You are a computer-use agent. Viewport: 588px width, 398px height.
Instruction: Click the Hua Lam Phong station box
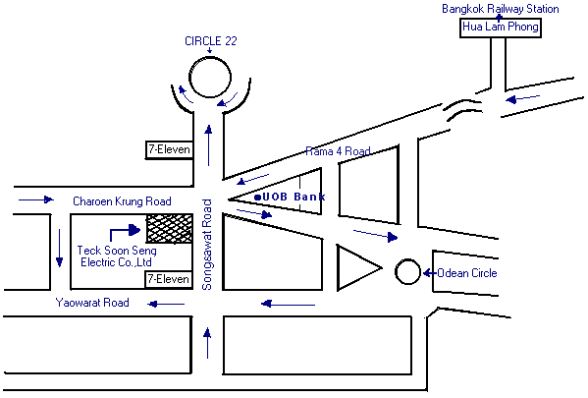(x=501, y=28)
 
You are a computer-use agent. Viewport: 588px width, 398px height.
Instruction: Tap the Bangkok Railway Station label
(x=501, y=9)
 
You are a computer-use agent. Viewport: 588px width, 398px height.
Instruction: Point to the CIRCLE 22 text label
(x=211, y=41)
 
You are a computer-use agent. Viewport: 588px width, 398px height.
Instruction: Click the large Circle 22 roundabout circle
(x=210, y=57)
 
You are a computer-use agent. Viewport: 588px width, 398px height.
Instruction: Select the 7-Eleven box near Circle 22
(x=169, y=149)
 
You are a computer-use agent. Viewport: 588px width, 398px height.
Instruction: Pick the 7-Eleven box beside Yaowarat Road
(x=169, y=279)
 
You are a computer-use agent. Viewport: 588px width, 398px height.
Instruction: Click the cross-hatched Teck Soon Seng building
(x=170, y=228)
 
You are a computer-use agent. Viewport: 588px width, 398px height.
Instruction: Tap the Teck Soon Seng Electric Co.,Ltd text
(x=117, y=256)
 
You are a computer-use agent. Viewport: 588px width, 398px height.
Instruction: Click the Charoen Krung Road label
(x=122, y=201)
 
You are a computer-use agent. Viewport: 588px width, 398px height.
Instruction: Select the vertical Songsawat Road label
(x=207, y=245)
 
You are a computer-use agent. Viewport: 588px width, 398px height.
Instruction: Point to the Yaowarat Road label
(x=92, y=303)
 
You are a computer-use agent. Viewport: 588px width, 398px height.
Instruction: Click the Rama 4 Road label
(x=338, y=151)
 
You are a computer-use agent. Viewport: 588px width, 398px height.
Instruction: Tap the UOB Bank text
(x=294, y=197)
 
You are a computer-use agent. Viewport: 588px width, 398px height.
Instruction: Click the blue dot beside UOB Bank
(x=257, y=198)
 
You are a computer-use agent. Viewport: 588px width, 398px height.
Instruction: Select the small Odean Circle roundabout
(x=407, y=259)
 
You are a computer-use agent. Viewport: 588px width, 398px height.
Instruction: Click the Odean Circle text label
(x=467, y=273)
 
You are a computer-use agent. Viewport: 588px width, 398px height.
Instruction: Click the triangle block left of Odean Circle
(x=338, y=267)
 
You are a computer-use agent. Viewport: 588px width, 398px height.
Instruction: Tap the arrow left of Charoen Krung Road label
(x=36, y=199)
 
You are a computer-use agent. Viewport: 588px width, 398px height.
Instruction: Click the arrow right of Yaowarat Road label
(x=166, y=304)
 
